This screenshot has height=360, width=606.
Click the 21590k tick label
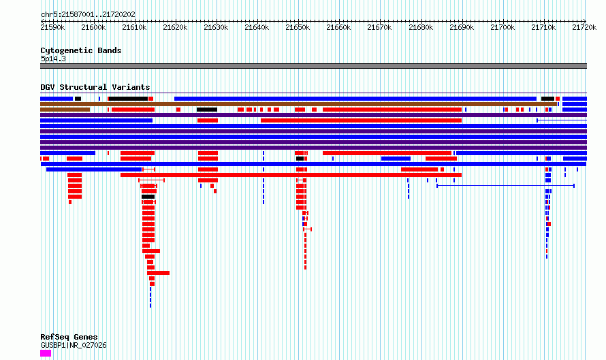click(52, 28)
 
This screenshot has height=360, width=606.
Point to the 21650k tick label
click(298, 28)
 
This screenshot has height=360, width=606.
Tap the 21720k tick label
click(584, 28)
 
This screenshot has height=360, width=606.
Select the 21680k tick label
click(421, 28)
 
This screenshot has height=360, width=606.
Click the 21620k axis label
click(175, 28)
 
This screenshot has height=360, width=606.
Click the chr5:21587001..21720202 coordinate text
click(88, 15)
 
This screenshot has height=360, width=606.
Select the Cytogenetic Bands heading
click(81, 50)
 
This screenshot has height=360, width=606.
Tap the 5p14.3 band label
click(53, 59)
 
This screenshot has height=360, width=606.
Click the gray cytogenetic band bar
click(313, 66)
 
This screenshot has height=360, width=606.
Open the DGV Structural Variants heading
click(95, 87)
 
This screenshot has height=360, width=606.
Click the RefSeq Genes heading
click(69, 337)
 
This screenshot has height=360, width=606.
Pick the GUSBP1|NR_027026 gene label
click(74, 345)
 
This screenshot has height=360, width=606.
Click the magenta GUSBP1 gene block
click(46, 353)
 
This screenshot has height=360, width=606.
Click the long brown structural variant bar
click(298, 104)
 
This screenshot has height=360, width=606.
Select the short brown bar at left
click(65, 110)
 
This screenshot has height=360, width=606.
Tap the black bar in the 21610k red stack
click(148, 197)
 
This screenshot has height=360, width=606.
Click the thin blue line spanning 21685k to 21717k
click(505, 186)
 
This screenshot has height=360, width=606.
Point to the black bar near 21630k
click(207, 110)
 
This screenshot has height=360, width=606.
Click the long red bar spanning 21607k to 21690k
click(291, 175)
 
